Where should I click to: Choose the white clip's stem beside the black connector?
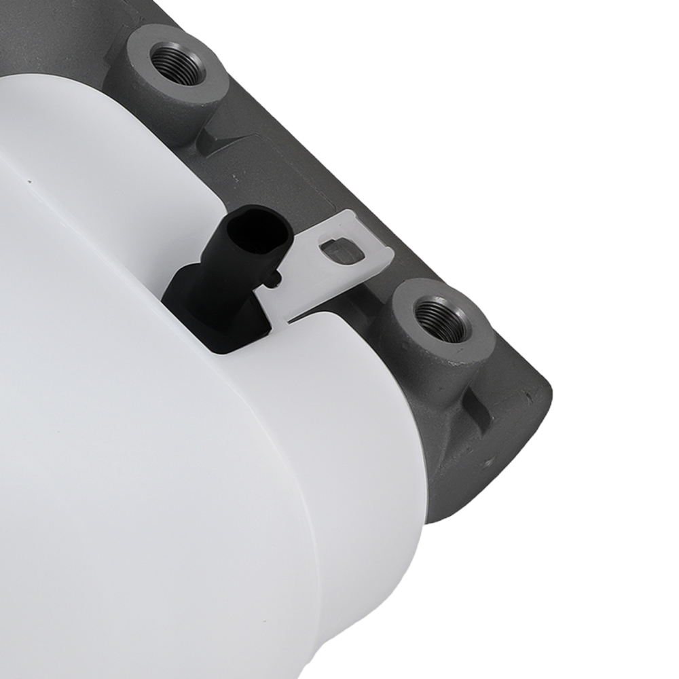pos(278,299)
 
